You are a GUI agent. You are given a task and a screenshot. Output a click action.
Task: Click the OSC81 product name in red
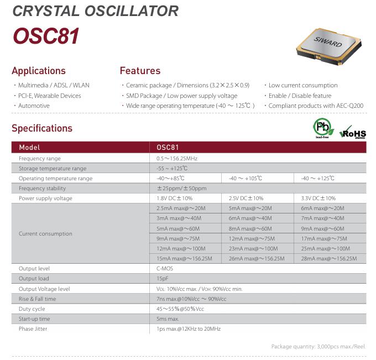coord(46,36)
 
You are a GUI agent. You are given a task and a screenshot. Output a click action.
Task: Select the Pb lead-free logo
coord(323,128)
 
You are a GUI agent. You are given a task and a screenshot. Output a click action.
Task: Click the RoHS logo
coord(353,132)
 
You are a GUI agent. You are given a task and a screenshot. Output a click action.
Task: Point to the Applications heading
coord(39,71)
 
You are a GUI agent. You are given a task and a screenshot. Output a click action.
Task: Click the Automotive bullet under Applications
coord(34,106)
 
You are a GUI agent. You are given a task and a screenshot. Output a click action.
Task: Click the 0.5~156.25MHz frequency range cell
coord(177,159)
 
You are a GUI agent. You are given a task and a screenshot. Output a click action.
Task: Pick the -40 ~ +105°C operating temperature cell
coord(245,178)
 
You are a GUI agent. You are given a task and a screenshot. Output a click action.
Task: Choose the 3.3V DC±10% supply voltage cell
coord(318,199)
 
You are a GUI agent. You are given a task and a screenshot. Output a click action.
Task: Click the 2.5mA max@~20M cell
coord(181,208)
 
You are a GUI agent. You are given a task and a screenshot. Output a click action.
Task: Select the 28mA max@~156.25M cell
coord(329,259)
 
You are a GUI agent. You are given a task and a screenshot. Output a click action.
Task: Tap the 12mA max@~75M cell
coord(252,239)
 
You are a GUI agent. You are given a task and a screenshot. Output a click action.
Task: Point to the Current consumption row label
coord(45,233)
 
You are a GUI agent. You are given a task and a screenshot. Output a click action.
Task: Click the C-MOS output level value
coord(165,268)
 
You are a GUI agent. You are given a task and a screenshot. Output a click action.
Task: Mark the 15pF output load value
coord(163,279)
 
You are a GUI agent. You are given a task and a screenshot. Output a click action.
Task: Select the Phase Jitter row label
coord(33,329)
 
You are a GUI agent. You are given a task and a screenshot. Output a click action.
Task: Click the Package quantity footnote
coord(318,347)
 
